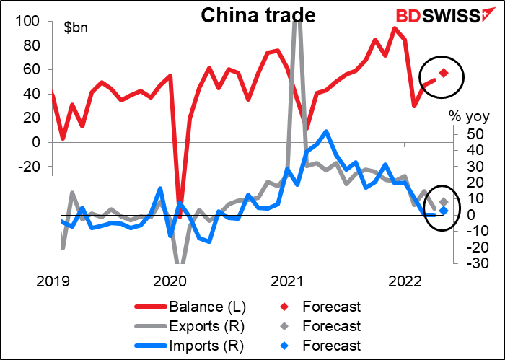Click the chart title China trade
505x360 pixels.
(258, 15)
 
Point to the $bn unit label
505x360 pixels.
(76, 27)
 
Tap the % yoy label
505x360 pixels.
(469, 116)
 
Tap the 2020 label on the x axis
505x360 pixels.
(170, 282)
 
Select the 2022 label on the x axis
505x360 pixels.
(405, 282)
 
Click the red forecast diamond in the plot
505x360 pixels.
(444, 73)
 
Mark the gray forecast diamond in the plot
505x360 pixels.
(444, 202)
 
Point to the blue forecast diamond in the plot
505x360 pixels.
(444, 211)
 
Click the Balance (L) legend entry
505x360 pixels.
(190, 307)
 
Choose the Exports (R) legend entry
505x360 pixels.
(189, 326)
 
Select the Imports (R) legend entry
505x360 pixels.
(189, 346)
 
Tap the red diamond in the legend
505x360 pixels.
(284, 307)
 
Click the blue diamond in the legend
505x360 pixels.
(284, 346)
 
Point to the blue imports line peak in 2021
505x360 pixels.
(326, 131)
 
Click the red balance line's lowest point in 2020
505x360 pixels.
(180, 218)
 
